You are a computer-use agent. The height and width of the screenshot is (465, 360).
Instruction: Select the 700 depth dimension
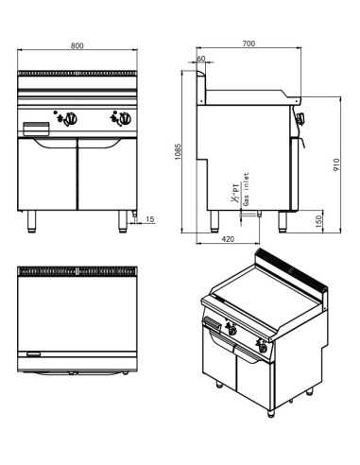pyautogui.click(x=249, y=44)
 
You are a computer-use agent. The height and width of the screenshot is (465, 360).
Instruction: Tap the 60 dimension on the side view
pyautogui.click(x=200, y=59)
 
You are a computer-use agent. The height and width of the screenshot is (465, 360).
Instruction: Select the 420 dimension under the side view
pyautogui.click(x=228, y=240)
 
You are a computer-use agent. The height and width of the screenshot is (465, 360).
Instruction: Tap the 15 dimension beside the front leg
pyautogui.click(x=150, y=219)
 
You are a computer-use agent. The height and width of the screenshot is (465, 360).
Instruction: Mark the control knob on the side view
pyautogui.click(x=303, y=119)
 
